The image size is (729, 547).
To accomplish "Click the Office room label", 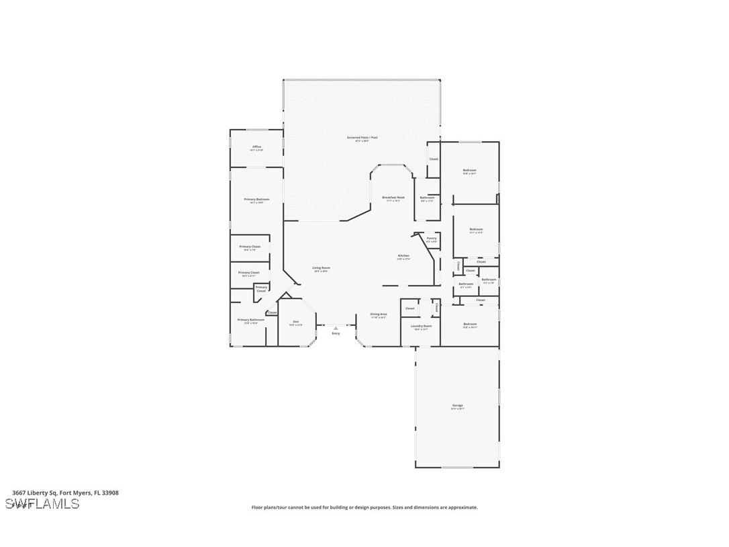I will [x=256, y=146].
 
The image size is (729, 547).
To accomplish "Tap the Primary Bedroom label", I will [x=256, y=200].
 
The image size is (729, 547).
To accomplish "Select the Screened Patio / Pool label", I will [x=362, y=138].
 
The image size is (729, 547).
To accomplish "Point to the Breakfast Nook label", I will [x=393, y=198].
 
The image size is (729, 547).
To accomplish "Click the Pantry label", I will [x=431, y=238].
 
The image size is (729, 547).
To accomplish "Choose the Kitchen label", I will [x=403, y=255].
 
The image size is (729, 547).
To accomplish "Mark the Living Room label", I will [x=321, y=267].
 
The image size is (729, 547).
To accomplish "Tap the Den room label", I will [x=295, y=322].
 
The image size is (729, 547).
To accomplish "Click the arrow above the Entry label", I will [x=336, y=328].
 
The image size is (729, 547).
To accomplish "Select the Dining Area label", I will [x=379, y=314].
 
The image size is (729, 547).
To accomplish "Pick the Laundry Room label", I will [x=421, y=326].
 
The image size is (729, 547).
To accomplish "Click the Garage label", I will [x=457, y=405].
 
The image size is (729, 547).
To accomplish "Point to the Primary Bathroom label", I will [x=251, y=320].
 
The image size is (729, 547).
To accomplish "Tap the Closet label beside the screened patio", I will [x=434, y=159].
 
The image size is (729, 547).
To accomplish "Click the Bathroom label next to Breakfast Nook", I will [x=427, y=198].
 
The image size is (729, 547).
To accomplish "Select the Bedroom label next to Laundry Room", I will [x=469, y=324].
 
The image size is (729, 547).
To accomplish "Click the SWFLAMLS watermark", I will [x=42, y=504].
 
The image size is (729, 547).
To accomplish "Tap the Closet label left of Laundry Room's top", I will [x=409, y=308].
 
